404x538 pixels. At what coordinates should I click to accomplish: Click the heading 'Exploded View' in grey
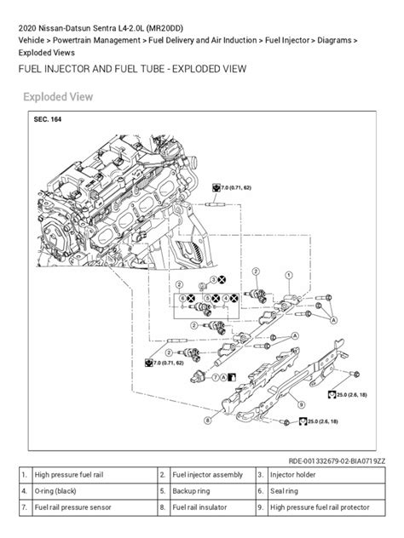(59, 97)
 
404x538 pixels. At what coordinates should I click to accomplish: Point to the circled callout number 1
(289, 275)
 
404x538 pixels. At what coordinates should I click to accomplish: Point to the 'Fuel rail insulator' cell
(201, 507)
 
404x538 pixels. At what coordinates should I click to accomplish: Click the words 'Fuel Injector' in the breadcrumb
(291, 41)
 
